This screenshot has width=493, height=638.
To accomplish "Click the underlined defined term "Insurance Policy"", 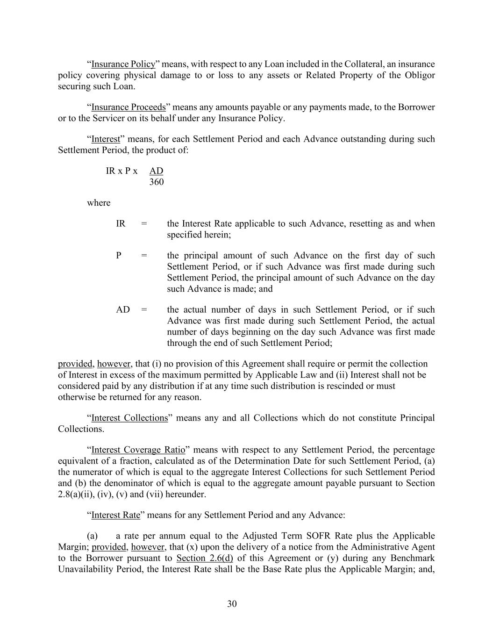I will coord(123,64).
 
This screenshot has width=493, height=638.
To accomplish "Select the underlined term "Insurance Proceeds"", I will coord(129,107).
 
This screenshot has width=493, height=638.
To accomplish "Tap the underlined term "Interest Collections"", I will coord(129,418).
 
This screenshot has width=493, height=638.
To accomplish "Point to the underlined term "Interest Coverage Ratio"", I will coord(138,450).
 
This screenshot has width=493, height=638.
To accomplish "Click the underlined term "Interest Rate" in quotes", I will coord(115,515).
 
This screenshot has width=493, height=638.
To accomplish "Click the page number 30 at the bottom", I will coord(232,604).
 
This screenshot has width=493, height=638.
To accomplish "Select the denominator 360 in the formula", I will coord(157,182).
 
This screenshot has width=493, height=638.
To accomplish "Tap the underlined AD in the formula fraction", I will coord(156,171).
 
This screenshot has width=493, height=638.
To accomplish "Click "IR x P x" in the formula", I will coord(121,171).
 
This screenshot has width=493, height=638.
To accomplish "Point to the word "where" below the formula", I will coord(99,203).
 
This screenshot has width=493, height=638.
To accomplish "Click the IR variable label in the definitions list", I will coord(121,223).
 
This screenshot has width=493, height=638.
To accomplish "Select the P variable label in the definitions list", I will coord(119,256).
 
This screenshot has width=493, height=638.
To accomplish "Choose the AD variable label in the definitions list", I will coord(123,309).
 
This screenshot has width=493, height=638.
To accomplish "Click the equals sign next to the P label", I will coord(144,256).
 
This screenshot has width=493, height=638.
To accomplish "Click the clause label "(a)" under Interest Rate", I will coord(93,536).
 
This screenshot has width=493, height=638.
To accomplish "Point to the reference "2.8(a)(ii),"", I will coord(76,495).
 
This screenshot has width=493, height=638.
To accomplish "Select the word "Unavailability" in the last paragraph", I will coord(87,569).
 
